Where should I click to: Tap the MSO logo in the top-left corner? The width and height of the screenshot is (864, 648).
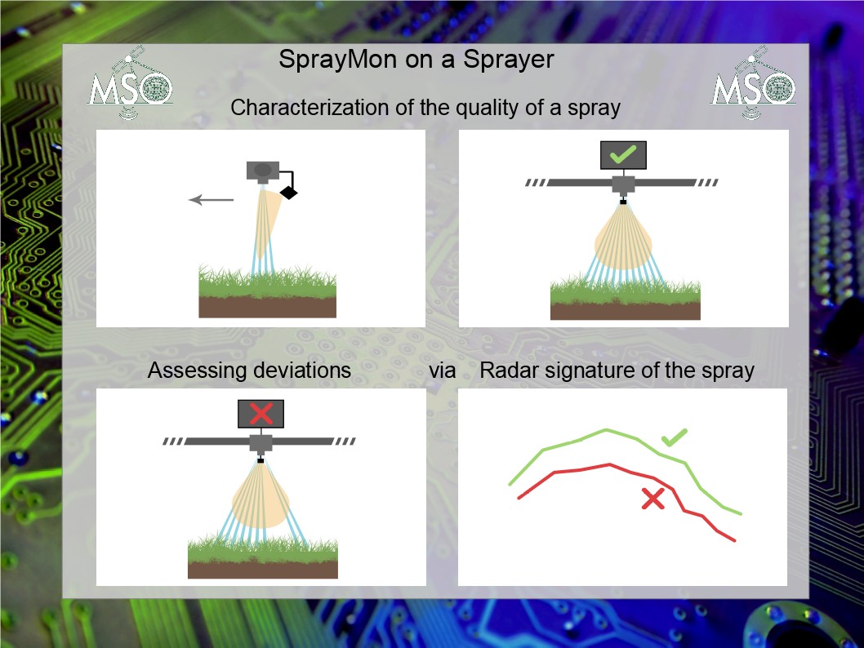130,82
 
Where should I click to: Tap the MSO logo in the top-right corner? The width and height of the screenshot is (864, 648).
753,82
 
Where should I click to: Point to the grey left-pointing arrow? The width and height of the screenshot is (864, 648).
211,200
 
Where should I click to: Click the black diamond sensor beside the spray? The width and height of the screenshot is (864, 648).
289,192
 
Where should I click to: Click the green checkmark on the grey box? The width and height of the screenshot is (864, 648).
623,154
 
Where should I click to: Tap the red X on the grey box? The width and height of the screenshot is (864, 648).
261,414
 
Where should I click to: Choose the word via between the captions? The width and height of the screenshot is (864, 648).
443,371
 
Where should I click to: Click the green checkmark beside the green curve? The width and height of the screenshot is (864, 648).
674,437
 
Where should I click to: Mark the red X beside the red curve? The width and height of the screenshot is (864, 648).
653,499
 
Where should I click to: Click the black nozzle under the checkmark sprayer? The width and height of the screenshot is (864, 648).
623,202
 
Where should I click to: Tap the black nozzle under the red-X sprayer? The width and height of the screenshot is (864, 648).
261,459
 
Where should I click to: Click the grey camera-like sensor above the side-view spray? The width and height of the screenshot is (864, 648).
263,172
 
